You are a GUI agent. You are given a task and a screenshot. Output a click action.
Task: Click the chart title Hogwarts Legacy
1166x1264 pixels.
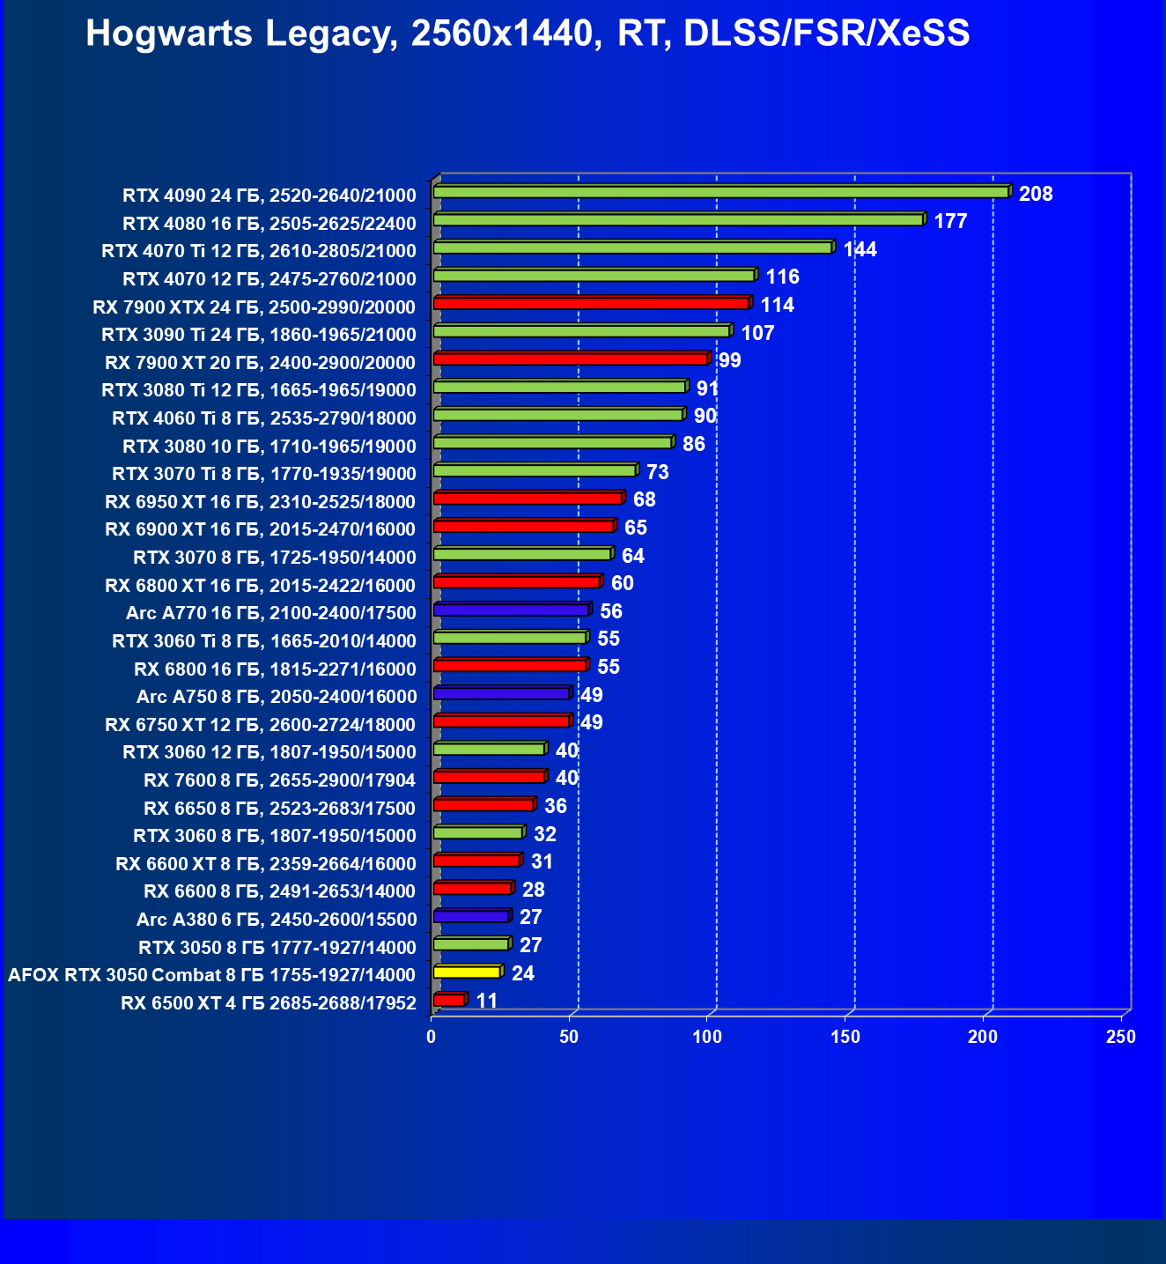click(528, 33)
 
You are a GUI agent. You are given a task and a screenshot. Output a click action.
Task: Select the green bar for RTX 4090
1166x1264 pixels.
click(720, 192)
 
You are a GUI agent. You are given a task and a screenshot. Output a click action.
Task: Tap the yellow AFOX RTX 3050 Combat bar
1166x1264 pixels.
click(467, 972)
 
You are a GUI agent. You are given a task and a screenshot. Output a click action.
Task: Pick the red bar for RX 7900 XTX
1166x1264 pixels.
click(591, 304)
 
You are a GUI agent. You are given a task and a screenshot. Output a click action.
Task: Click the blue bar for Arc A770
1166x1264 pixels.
click(511, 610)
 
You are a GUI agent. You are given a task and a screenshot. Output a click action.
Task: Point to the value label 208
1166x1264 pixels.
click(1036, 194)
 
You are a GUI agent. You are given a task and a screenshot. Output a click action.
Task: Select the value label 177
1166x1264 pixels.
click(950, 221)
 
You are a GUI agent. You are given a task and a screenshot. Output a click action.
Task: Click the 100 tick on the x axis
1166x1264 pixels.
click(707, 1037)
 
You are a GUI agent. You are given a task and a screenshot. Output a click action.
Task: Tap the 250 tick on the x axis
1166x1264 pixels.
click(1121, 1037)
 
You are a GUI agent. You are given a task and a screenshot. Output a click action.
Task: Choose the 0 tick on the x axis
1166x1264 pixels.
click(432, 1037)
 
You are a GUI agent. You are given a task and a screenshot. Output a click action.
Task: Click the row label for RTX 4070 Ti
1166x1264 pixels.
click(259, 251)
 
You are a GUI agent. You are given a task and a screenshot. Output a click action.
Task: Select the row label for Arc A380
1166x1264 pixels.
click(277, 920)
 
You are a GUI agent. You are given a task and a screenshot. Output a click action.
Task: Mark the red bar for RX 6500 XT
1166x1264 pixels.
click(448, 1000)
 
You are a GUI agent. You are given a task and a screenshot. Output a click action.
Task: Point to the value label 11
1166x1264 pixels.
click(487, 1001)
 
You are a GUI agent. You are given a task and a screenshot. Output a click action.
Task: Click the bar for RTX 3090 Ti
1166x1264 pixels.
click(581, 331)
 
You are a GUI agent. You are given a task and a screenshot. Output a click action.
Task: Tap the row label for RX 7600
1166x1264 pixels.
click(280, 780)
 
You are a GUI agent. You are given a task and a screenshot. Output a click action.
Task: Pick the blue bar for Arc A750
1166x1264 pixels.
click(502, 693)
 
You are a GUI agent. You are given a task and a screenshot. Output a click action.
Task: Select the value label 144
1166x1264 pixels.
click(860, 249)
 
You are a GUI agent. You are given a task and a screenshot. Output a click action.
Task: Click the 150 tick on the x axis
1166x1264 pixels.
click(845, 1037)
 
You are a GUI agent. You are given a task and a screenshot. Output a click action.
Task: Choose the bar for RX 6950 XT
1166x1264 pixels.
click(528, 499)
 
